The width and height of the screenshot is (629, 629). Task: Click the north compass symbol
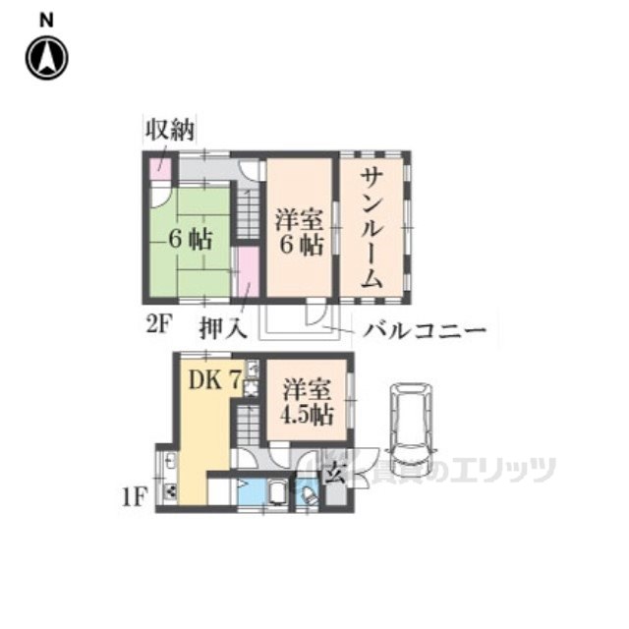click(x=46, y=58)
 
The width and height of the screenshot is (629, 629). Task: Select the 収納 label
click(x=170, y=130)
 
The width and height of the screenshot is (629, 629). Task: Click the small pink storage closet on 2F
click(x=157, y=167)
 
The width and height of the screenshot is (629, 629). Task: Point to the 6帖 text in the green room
click(x=188, y=239)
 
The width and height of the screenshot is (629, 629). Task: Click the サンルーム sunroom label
click(x=372, y=226)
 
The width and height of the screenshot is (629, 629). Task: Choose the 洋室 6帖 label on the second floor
click(x=299, y=231)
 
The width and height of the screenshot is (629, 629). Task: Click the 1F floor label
click(x=134, y=496)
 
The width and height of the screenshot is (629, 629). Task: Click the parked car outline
click(x=411, y=427)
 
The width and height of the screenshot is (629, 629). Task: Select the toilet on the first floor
click(x=308, y=496)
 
